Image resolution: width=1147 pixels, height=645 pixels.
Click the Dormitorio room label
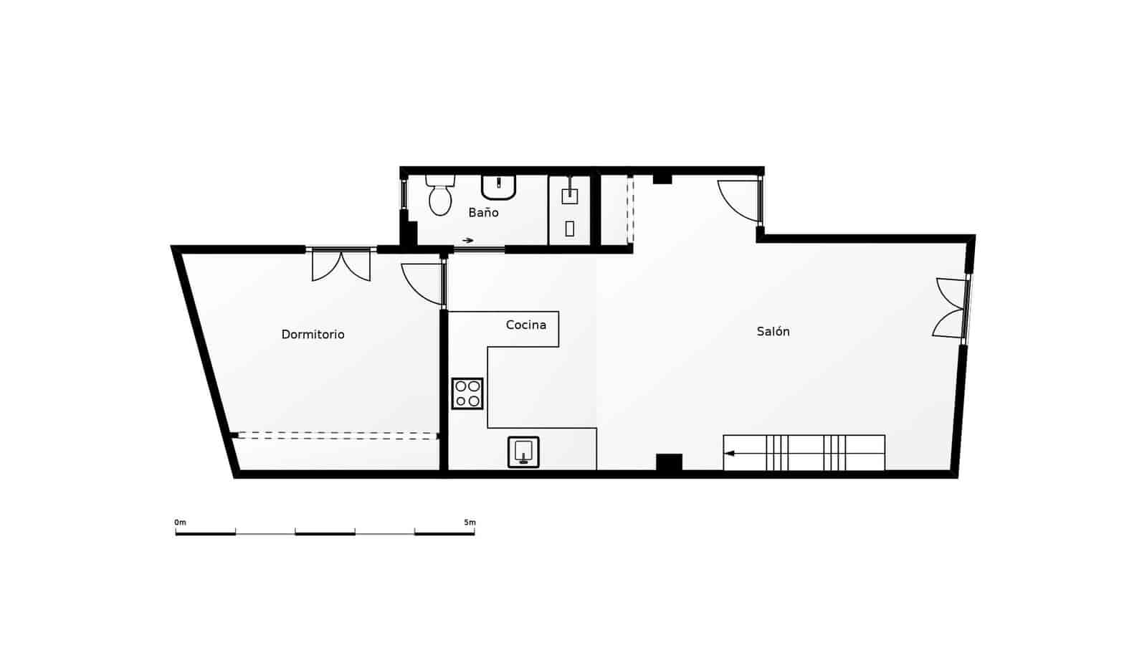pos(313,335)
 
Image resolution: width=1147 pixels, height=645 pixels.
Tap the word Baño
pos(483,213)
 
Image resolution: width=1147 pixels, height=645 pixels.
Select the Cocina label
pos(525,325)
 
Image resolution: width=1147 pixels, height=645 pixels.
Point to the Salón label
pos(773,332)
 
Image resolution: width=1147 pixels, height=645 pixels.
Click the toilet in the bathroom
pos(440,196)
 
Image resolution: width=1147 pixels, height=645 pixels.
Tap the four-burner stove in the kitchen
pos(467,393)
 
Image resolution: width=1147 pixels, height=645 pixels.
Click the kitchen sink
pos(523,452)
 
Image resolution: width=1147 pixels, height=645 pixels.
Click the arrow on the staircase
pos(730,453)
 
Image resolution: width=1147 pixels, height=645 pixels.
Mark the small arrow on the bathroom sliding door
pos(467,241)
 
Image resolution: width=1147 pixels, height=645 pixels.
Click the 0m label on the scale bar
pos(180,522)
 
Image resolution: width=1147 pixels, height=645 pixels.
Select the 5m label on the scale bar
pos(470,522)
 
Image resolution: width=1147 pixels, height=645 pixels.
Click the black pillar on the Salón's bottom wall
pos(669,463)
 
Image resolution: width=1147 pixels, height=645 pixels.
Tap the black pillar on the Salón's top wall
pos(662,178)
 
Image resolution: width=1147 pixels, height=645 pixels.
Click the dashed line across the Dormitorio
pos(337,434)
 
